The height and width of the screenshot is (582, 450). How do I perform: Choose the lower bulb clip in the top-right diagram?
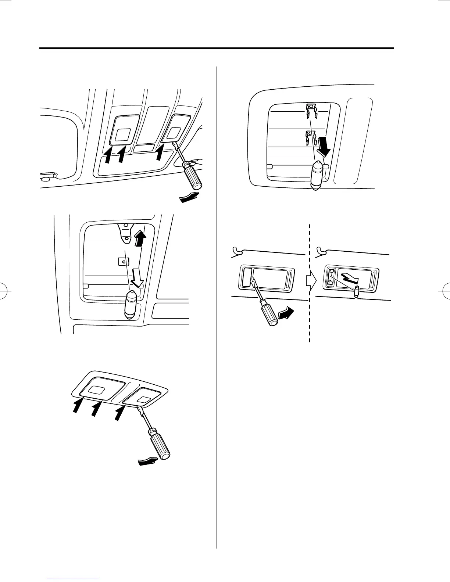pyautogui.click(x=311, y=137)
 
